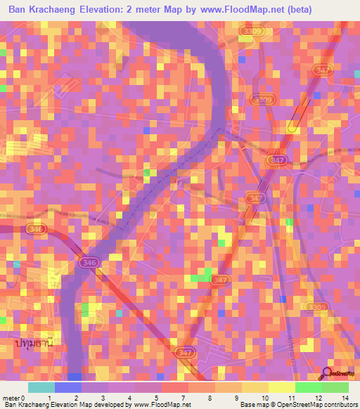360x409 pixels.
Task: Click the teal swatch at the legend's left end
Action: (41, 387)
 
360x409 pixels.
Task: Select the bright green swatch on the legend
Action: (308, 387)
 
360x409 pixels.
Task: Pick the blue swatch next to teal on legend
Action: (67, 387)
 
